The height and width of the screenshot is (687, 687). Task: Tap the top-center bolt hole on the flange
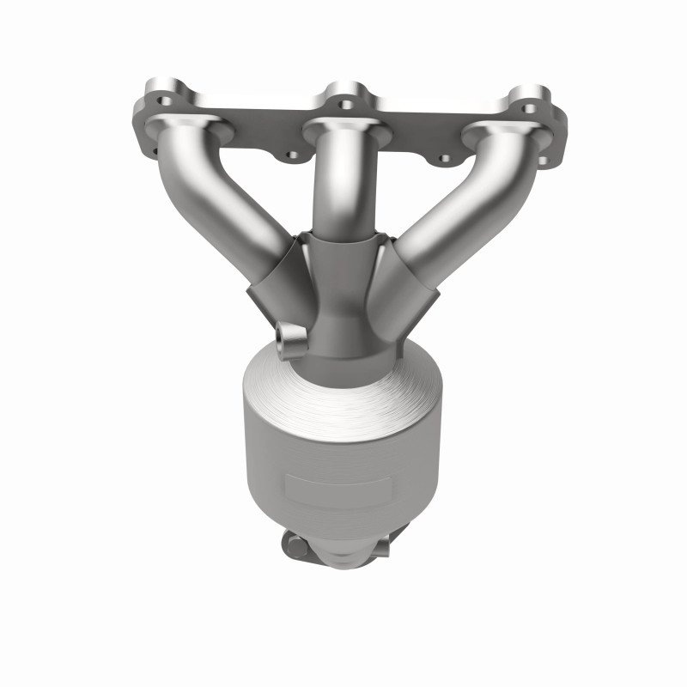pos(345,104)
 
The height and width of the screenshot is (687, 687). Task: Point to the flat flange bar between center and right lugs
pos(429,116)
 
